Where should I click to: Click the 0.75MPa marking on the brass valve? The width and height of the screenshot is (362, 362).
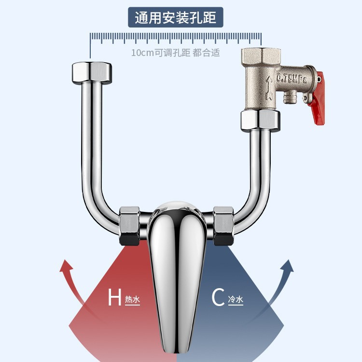click(x=295, y=78)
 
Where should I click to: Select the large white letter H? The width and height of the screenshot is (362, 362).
click(x=114, y=297)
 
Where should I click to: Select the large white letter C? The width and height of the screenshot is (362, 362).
click(x=218, y=298)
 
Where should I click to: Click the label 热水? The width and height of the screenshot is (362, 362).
click(x=132, y=300)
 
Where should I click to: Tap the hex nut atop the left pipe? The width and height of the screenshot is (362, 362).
click(x=91, y=73)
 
